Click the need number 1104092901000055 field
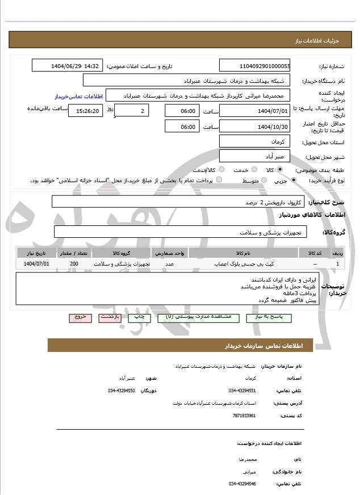pos(255,66)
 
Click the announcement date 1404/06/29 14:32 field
pos(68,66)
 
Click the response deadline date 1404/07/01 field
pos(255,111)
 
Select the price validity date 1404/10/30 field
pos(255,126)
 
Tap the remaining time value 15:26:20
pos(85,111)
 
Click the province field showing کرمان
pos(255,141)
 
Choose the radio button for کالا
pos(280,170)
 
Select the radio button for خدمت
pos(253,170)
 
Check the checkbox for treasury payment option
pos(219,180)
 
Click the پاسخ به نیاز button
pos(269,318)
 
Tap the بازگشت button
pos(110,318)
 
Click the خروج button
pos(80,318)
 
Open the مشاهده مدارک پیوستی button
pos(193,318)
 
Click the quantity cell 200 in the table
pos(74,264)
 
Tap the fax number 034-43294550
pos(122,391)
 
